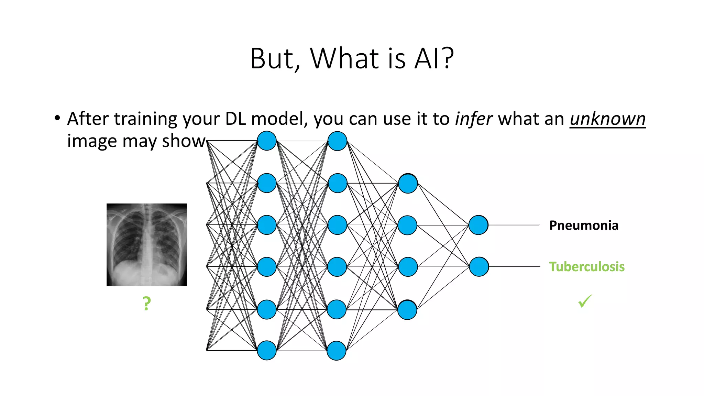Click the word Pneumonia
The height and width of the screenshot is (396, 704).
(584, 225)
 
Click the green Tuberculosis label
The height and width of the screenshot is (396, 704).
(587, 267)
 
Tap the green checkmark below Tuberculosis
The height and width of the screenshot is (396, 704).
(585, 301)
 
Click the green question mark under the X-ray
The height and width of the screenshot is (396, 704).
(147, 304)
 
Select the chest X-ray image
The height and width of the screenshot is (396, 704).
(147, 245)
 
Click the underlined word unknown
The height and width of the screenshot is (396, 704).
(607, 119)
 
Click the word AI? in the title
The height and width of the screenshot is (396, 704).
(434, 58)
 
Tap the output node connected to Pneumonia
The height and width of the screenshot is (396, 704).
(478, 225)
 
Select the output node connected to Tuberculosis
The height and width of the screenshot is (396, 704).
(479, 267)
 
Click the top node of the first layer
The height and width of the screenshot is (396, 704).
(267, 141)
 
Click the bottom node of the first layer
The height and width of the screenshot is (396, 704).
(267, 350)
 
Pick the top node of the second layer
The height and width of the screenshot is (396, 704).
(337, 141)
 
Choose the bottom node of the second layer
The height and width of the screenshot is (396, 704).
(337, 351)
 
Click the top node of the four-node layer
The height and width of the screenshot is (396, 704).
(408, 184)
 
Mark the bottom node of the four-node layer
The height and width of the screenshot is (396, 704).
(407, 310)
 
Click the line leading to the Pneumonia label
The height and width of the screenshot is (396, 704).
(514, 225)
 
